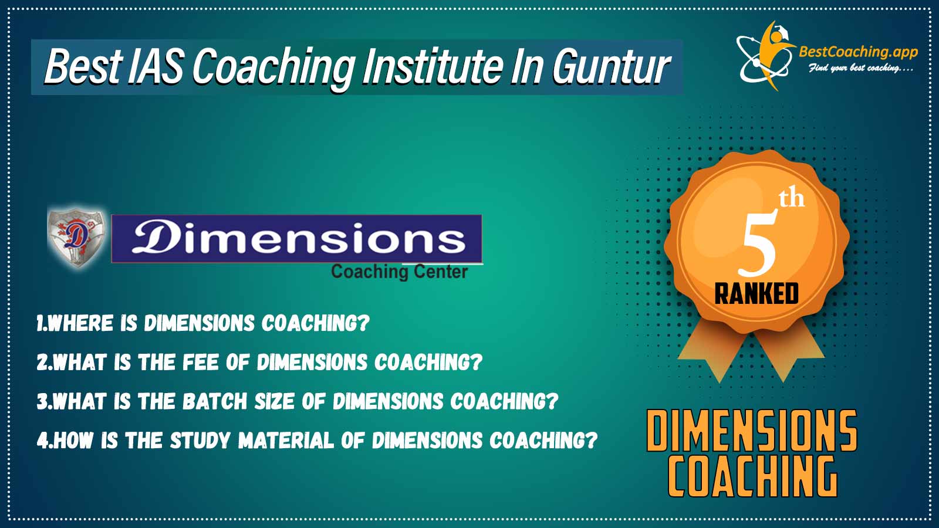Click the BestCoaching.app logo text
pyautogui.click(x=858, y=52)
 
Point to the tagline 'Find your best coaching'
pyautogui.click(x=860, y=68)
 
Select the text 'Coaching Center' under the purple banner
pyautogui.click(x=399, y=272)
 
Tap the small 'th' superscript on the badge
pyautogui.click(x=792, y=199)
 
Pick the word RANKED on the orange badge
pyautogui.click(x=756, y=293)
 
